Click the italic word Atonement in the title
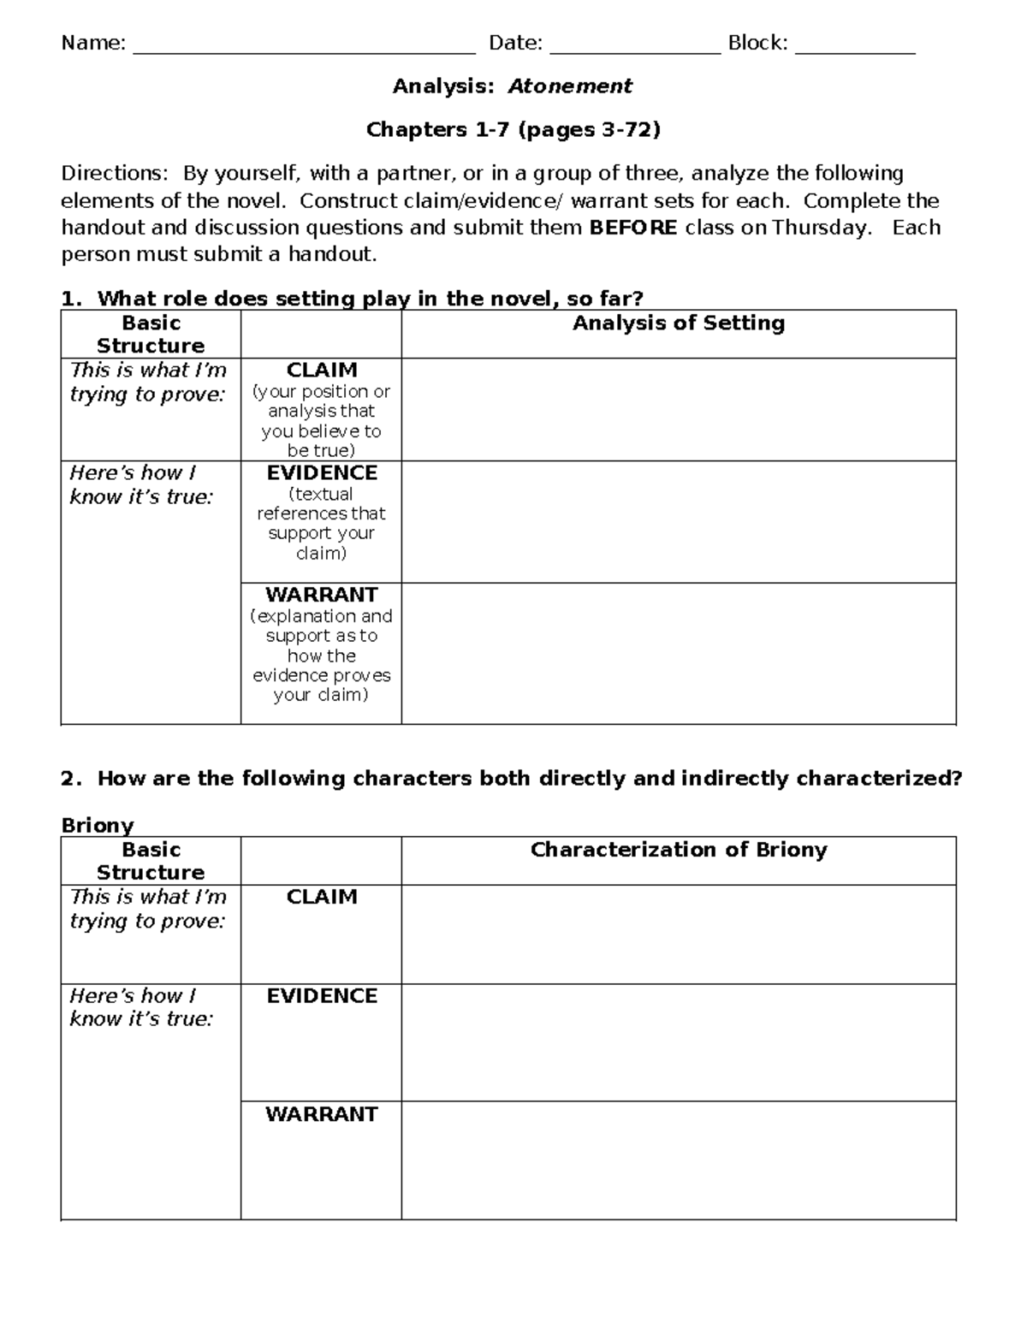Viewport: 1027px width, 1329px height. pos(570,86)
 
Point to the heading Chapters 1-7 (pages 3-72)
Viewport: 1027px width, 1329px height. pos(513,130)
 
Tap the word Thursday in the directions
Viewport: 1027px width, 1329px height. pos(820,228)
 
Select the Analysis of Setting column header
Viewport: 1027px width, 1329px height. pos(678,323)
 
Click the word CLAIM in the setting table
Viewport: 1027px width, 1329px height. pos(322,371)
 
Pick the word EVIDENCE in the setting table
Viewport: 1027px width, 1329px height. pos(322,473)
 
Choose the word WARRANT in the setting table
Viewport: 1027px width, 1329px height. pos(322,595)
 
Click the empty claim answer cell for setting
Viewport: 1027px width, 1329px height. pos(678,410)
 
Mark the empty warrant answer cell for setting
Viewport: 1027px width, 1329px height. pos(678,654)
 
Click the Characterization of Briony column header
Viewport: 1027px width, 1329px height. pos(678,850)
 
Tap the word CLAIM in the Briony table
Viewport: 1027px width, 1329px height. pos(322,897)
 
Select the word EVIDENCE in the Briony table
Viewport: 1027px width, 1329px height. pos(322,996)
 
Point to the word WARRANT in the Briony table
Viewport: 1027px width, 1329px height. pos(322,1114)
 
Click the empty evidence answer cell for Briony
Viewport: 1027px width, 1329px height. pos(678,1042)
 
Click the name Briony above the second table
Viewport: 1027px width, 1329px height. pos(98,826)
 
